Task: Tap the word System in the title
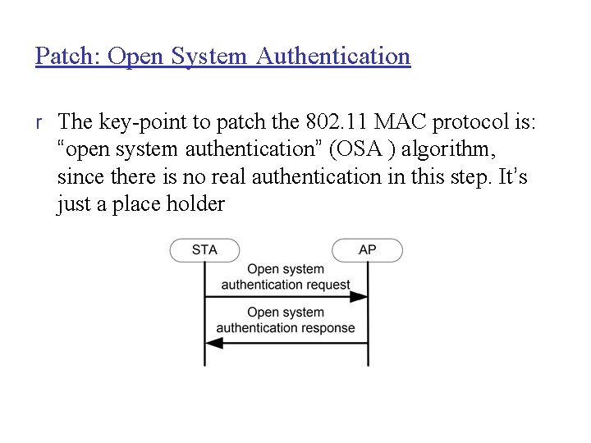point(210,57)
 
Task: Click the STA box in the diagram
point(204,250)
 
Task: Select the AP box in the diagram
point(367,250)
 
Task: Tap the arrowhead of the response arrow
point(213,343)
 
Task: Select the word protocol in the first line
point(481,122)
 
